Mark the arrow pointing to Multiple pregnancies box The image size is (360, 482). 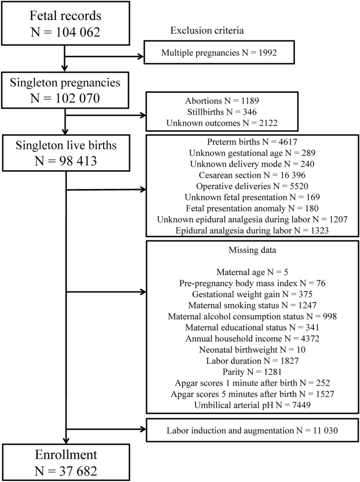(x=105, y=55)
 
